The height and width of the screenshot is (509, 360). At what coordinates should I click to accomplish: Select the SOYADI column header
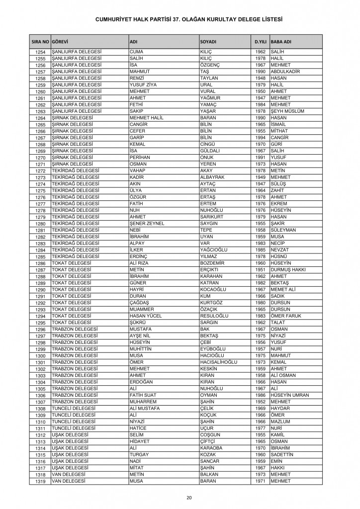[x=208, y=41]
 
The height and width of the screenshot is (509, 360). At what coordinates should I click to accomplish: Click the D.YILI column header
[x=259, y=41]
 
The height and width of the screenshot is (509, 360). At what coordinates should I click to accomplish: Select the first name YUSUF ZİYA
[x=143, y=85]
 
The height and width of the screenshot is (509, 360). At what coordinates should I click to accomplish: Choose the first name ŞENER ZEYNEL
[x=147, y=223]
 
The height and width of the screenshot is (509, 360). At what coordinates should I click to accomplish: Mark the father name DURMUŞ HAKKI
[x=288, y=269]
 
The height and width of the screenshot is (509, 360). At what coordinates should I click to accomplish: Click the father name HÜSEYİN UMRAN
[x=290, y=395]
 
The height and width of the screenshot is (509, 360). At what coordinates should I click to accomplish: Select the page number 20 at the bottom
[x=189, y=498]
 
